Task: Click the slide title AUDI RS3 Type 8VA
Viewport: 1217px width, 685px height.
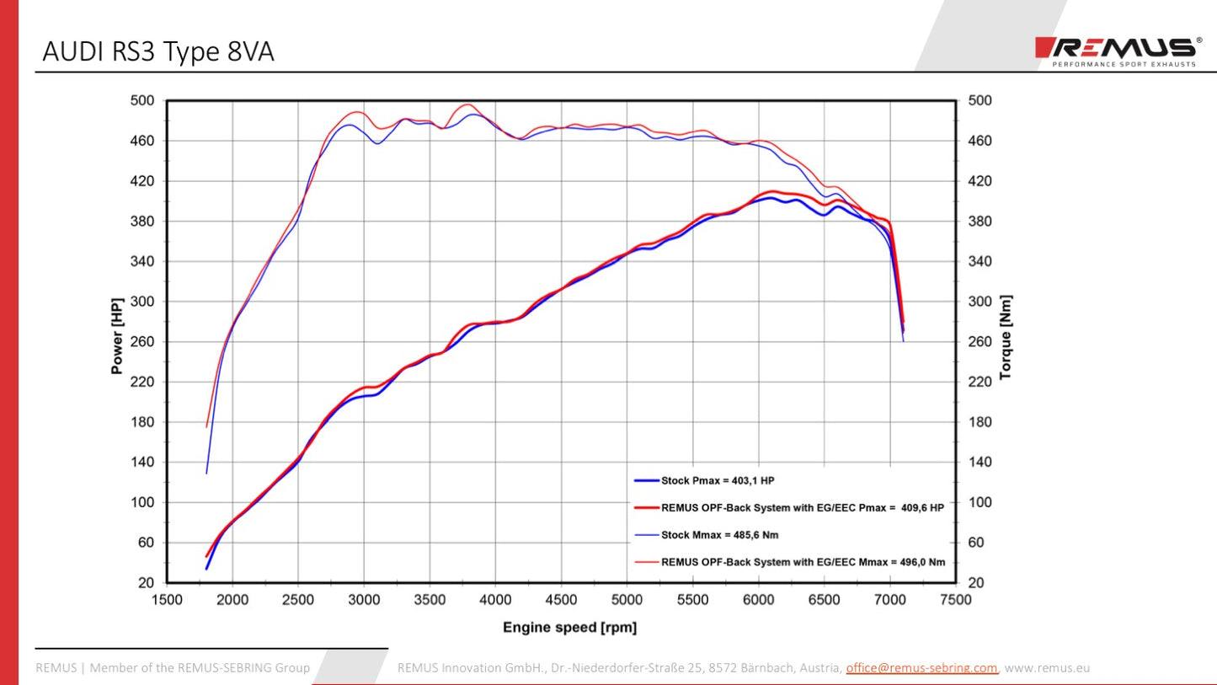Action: coord(158,52)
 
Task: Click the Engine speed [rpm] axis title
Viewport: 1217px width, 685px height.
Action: coord(569,627)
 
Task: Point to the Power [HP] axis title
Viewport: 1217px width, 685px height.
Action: coord(117,335)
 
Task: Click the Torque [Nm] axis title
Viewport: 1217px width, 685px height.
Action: coord(1005,337)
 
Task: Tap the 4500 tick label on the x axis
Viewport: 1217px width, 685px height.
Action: coord(561,600)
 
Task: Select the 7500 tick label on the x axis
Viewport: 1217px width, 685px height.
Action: coord(955,600)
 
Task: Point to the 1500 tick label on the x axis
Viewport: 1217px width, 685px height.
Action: coord(167,600)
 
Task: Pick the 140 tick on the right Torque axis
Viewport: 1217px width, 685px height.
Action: coord(979,462)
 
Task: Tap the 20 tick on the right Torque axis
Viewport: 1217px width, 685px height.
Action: coord(976,582)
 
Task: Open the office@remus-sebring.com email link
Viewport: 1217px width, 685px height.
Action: coord(921,668)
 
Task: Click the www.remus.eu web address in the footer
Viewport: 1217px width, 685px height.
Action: coord(1048,668)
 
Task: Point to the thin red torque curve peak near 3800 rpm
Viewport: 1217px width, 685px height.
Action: coord(467,105)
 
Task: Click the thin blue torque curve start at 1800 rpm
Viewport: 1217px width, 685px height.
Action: coord(206,472)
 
